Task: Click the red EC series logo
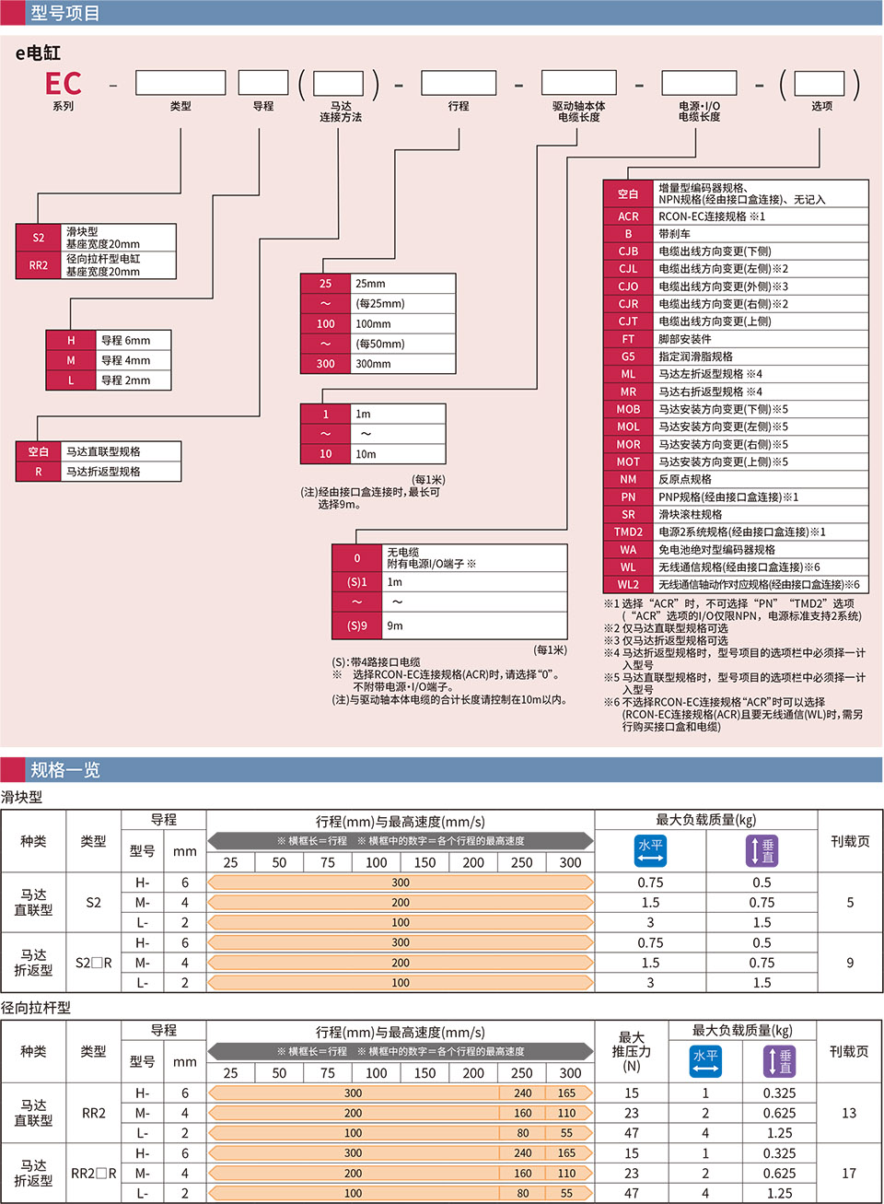(x=63, y=84)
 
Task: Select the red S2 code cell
(x=39, y=238)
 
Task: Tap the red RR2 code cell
(x=39, y=265)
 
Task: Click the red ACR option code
(x=628, y=216)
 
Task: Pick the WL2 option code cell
(x=628, y=584)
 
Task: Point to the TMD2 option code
(x=628, y=532)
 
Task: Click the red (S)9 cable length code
(x=357, y=626)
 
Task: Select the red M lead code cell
(x=71, y=360)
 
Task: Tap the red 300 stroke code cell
(x=325, y=364)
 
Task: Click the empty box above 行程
(x=459, y=83)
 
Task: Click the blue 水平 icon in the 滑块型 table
(x=650, y=850)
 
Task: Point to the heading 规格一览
(x=64, y=770)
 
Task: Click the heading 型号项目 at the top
(x=64, y=13)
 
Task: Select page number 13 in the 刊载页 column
(x=849, y=1113)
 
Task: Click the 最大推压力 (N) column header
(x=631, y=1051)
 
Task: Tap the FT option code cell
(x=628, y=339)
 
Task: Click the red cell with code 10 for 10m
(x=325, y=454)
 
